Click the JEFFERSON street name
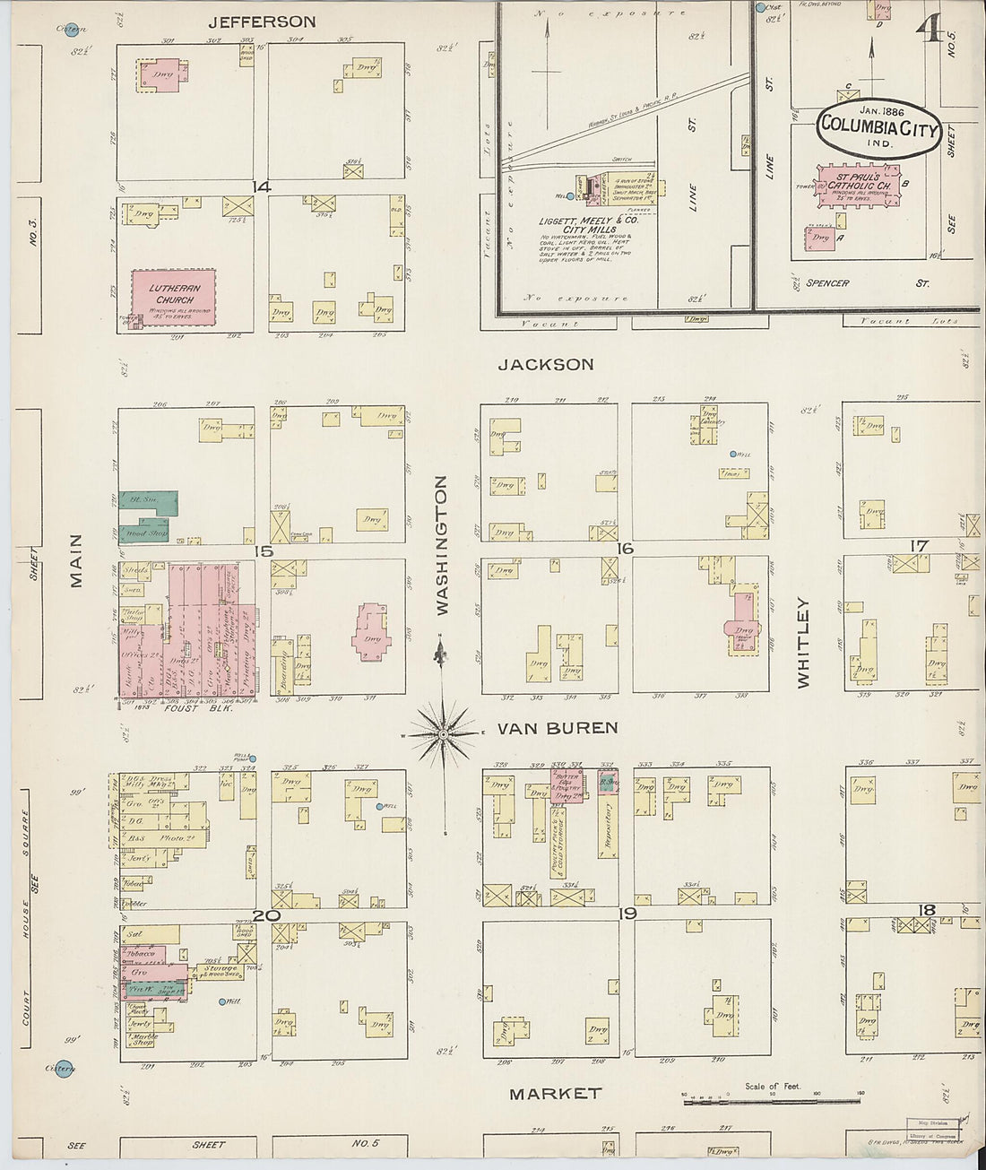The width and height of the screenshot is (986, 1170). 262,22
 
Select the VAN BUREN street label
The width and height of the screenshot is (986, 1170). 570,727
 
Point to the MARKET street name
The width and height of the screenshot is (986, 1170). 555,1094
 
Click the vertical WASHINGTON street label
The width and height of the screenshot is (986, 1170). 441,545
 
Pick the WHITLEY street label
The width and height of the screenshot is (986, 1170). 802,642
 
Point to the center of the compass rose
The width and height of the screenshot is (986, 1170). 442,735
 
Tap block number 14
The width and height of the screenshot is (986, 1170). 261,186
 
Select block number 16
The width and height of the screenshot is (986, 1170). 625,549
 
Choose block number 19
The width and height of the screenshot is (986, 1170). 627,914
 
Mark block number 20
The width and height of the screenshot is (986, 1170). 265,915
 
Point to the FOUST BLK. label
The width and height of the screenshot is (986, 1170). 198,708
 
